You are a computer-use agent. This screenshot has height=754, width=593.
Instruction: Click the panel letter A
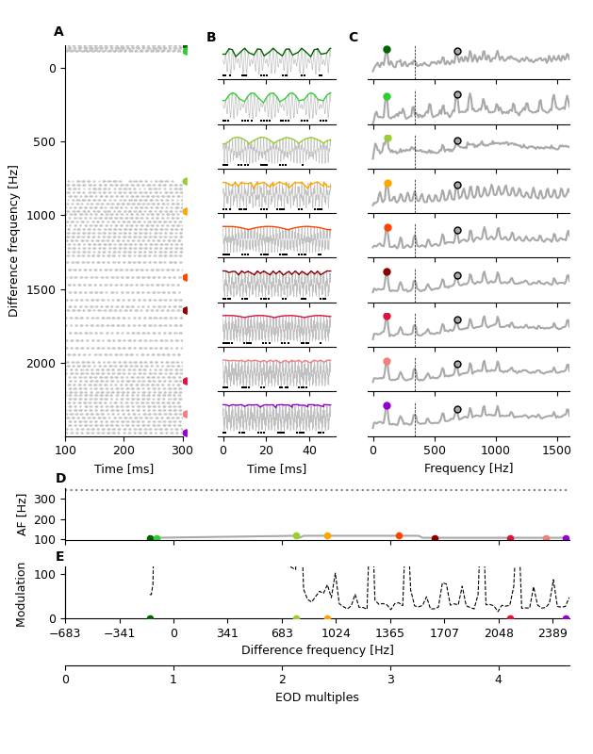[58, 32]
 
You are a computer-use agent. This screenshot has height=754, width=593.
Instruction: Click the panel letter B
[211, 38]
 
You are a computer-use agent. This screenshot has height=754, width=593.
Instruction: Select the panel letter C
[353, 38]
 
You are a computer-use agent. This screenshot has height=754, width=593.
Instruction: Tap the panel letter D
[60, 479]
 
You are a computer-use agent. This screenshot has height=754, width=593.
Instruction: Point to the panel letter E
[60, 557]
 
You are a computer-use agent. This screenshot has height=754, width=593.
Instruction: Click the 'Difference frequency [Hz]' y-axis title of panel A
[14, 240]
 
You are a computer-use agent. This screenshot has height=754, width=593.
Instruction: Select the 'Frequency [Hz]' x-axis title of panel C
[469, 468]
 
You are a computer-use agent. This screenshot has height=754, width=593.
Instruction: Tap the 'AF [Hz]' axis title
[24, 514]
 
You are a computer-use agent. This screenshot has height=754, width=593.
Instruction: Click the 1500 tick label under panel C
[556, 451]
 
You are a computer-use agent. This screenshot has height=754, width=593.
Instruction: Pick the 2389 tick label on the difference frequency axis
[553, 634]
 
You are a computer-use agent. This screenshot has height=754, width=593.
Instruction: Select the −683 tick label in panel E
[65, 634]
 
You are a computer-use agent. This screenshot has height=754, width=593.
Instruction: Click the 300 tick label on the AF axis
[46, 497]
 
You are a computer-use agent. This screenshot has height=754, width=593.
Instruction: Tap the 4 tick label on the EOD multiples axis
[499, 680]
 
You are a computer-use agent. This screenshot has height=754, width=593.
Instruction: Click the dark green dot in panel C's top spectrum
[387, 49]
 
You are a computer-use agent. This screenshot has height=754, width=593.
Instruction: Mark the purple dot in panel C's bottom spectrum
[387, 406]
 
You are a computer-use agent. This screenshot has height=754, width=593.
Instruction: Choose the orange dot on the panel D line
[327, 535]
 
